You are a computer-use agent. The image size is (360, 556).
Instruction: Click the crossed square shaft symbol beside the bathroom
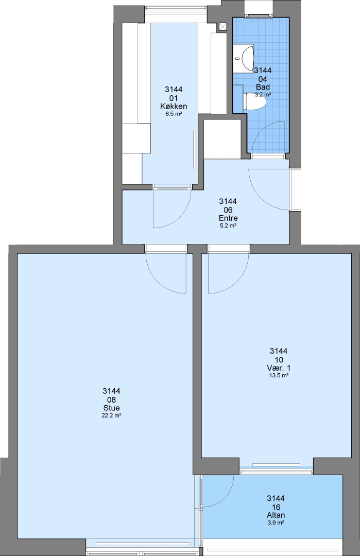coord(222,27)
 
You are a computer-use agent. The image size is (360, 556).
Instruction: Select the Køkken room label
coord(174,107)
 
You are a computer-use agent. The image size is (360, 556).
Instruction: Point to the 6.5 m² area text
coord(174,114)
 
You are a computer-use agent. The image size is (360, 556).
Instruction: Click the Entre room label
coord(228,218)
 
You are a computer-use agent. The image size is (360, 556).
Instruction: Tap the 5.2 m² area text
coord(228,225)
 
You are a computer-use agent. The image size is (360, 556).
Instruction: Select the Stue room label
coord(111,408)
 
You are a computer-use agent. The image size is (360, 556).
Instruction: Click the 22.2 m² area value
coord(111,415)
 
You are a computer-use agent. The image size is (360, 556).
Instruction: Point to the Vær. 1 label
coord(279,368)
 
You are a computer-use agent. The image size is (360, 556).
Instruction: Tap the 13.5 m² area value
coord(279,375)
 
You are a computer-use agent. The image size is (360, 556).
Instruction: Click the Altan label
coord(276,515)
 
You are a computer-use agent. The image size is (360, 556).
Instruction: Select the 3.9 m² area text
coord(276,523)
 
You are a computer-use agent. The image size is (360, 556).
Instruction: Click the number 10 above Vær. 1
coord(279,360)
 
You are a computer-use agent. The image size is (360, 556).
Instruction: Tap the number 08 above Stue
coord(111,400)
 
